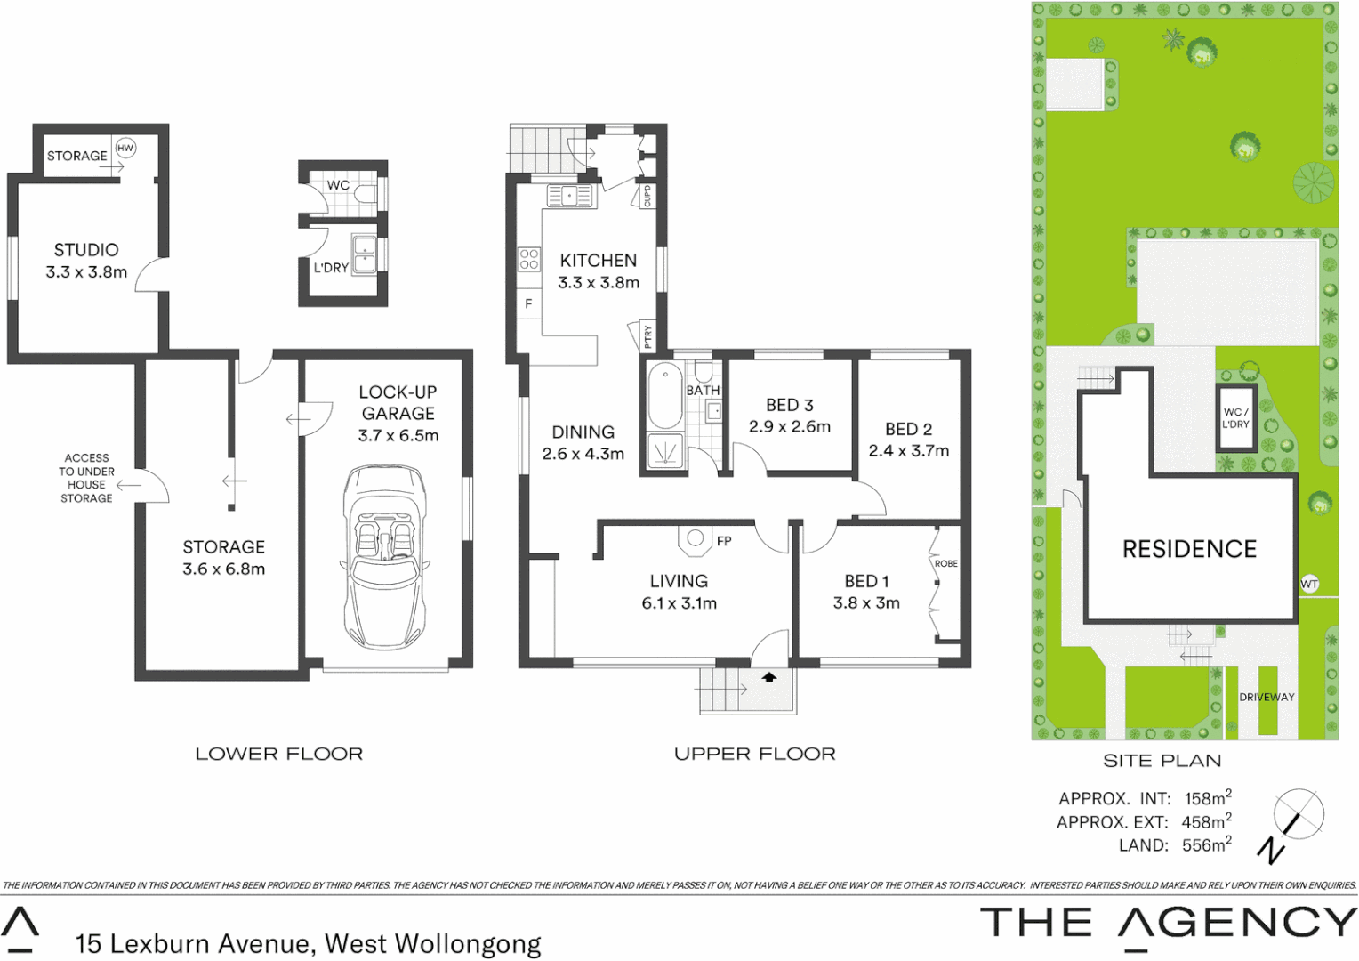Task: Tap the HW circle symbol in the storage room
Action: coord(125,149)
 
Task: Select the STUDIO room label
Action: coord(86,250)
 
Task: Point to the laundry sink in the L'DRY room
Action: coord(364,254)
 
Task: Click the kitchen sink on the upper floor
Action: coord(569,196)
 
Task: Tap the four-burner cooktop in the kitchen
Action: coord(529,259)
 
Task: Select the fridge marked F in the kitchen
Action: coord(528,303)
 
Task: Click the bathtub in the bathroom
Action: coord(664,396)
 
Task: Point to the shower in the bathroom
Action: coord(664,451)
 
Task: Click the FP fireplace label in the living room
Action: coord(724,541)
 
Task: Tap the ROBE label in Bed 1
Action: coord(946,563)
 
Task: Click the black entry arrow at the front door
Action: coord(769,678)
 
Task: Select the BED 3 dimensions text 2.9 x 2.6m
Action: coord(790,427)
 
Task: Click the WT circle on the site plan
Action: coord(1309,584)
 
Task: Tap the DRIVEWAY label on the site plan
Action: coord(1267,697)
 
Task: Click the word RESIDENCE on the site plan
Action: coord(1189,549)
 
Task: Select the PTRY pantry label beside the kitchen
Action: coord(647,335)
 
